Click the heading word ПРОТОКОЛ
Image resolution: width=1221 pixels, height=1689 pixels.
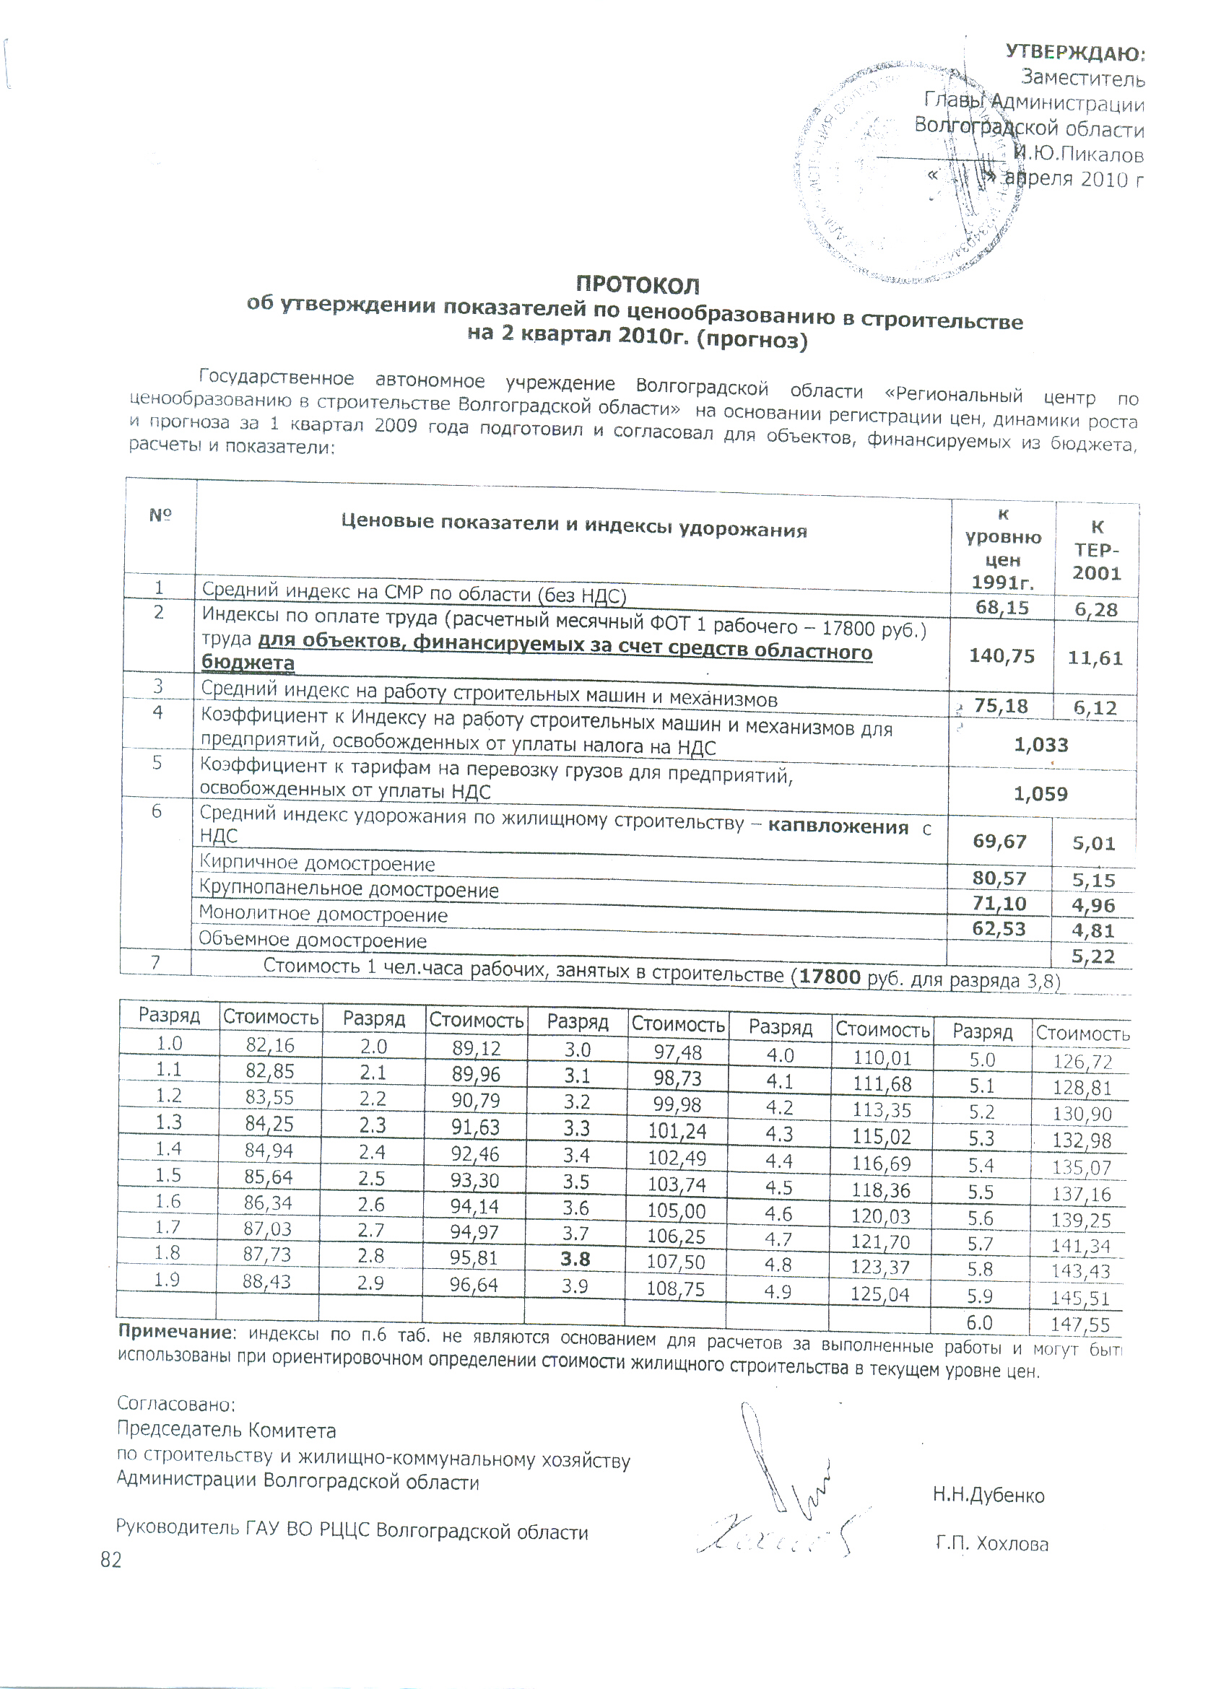point(638,285)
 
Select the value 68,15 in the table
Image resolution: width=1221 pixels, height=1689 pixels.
point(1001,608)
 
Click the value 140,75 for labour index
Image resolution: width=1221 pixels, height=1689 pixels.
point(1001,656)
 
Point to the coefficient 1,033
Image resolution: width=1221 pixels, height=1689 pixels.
point(1040,745)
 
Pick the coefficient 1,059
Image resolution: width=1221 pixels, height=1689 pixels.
point(1040,794)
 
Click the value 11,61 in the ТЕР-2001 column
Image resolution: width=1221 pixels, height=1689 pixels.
point(1095,658)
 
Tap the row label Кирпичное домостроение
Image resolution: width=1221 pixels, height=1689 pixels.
point(316,864)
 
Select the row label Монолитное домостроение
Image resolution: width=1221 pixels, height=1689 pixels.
point(323,914)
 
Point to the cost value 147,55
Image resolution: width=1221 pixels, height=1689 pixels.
point(1079,1324)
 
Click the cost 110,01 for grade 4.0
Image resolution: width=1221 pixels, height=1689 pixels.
point(882,1057)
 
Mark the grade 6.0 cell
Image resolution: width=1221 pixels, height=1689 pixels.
point(980,1322)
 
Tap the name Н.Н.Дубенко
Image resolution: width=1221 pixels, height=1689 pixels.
point(988,1496)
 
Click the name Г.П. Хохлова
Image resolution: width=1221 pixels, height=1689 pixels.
point(991,1544)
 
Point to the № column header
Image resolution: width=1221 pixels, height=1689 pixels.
point(160,515)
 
